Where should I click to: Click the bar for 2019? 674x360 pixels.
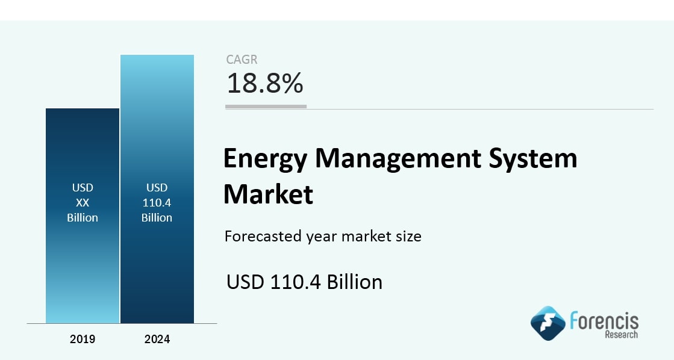click(83, 216)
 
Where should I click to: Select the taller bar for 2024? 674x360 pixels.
click(157, 189)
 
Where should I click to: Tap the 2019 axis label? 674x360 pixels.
click(83, 339)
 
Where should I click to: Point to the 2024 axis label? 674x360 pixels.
click(157, 339)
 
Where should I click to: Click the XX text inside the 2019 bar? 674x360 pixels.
click(83, 202)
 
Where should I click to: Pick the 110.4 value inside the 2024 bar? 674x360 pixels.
click(157, 202)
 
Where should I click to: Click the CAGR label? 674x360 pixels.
click(242, 59)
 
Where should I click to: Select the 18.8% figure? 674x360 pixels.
click(265, 83)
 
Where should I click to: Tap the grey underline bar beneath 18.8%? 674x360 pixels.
click(266, 107)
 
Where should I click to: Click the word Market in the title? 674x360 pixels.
click(268, 194)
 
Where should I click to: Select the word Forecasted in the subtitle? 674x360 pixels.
click(263, 236)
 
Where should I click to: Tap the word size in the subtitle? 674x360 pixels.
click(409, 236)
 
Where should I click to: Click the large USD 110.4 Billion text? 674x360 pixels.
click(304, 282)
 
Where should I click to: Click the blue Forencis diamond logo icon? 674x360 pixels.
click(548, 323)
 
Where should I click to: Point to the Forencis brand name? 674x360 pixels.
click(604, 321)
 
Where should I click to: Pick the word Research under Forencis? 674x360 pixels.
click(622, 335)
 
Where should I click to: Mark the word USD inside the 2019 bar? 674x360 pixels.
click(83, 187)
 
